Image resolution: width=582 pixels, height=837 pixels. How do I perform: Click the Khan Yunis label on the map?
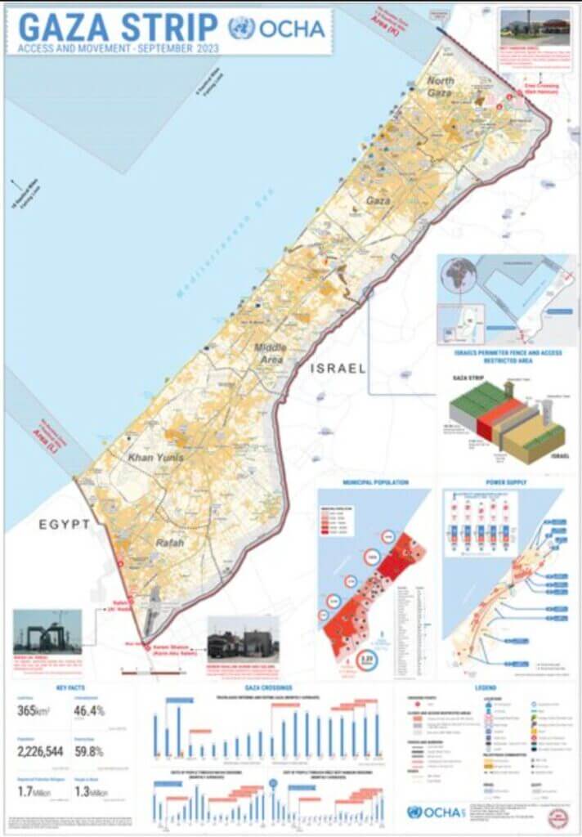[155, 458]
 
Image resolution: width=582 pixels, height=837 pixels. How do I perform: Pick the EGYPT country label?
[64, 525]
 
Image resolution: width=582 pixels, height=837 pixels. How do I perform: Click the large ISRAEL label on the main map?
[338, 369]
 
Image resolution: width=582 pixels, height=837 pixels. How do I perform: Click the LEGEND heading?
[485, 688]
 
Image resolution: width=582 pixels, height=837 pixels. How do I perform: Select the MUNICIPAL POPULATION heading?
[375, 482]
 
